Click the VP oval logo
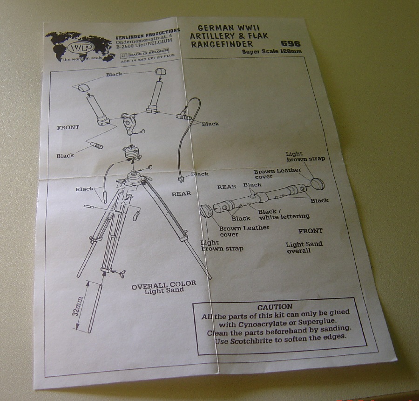click(81, 48)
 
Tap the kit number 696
click(291, 44)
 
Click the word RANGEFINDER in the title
click(222, 44)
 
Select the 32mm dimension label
click(77, 306)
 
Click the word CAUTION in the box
click(275, 307)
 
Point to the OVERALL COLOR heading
click(163, 285)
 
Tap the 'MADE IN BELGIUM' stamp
click(149, 53)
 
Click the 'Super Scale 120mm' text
click(272, 51)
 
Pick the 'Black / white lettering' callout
click(284, 214)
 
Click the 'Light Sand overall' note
click(304, 247)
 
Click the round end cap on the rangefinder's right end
click(318, 184)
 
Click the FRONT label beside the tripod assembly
click(68, 127)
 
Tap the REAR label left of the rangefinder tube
click(227, 187)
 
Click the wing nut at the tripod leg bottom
click(120, 273)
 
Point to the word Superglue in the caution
click(317, 321)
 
